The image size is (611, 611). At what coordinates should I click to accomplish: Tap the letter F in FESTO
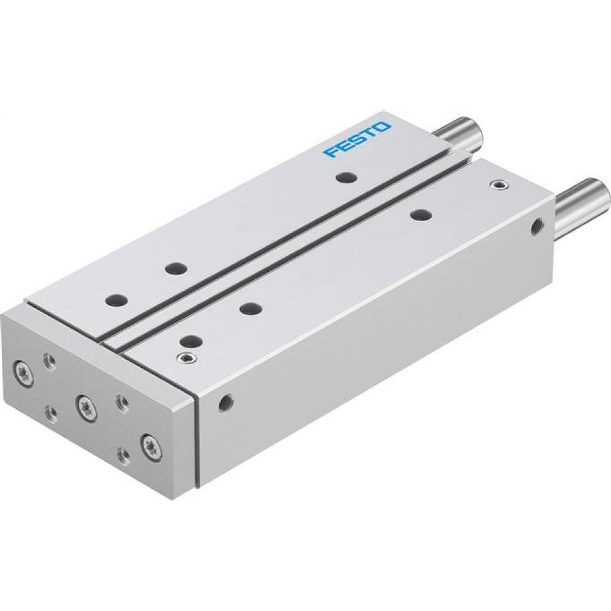tap(332, 152)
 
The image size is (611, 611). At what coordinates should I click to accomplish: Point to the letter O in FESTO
tap(382, 127)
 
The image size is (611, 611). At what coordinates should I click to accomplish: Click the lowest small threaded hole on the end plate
tap(123, 455)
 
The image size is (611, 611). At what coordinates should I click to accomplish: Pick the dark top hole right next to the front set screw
tap(191, 341)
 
